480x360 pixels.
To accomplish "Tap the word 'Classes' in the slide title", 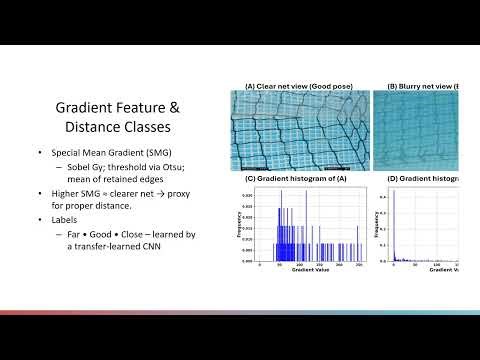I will point(139,129).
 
